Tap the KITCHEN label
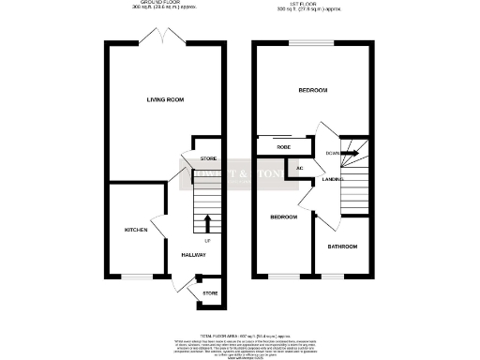pyautogui.click(x=137, y=230)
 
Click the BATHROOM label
pyautogui.click(x=342, y=247)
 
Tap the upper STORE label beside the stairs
pyautogui.click(x=208, y=158)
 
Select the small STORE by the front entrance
pyautogui.click(x=210, y=293)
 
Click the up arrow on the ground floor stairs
pyautogui.click(x=207, y=222)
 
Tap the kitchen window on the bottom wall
pyautogui.click(x=137, y=277)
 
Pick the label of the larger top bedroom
pyautogui.click(x=312, y=90)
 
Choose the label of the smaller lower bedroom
pyautogui.click(x=284, y=217)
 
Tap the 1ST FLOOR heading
pyautogui.click(x=313, y=5)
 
